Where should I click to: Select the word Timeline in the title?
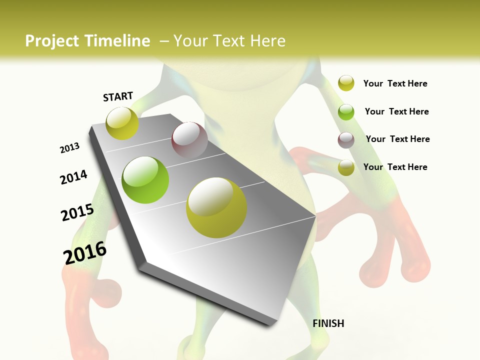click(x=117, y=41)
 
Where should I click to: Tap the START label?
click(x=118, y=96)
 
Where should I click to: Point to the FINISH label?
click(x=328, y=323)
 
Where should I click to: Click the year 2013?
click(x=69, y=148)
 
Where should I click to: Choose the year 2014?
click(x=73, y=177)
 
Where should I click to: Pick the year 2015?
click(x=77, y=212)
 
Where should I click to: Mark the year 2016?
click(x=85, y=252)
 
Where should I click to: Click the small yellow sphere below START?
click(x=122, y=123)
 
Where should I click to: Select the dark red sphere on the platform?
click(x=189, y=140)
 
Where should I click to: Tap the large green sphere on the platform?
click(x=145, y=180)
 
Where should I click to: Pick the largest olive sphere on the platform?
click(x=216, y=207)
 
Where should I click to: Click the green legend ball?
click(x=346, y=112)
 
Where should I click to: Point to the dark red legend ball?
click(x=346, y=140)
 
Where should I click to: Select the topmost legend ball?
click(x=346, y=83)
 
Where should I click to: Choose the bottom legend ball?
click(x=346, y=167)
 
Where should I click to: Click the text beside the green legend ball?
click(x=396, y=111)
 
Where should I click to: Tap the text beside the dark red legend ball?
click(x=397, y=139)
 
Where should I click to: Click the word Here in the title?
click(x=267, y=41)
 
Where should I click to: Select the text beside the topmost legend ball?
click(x=395, y=83)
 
